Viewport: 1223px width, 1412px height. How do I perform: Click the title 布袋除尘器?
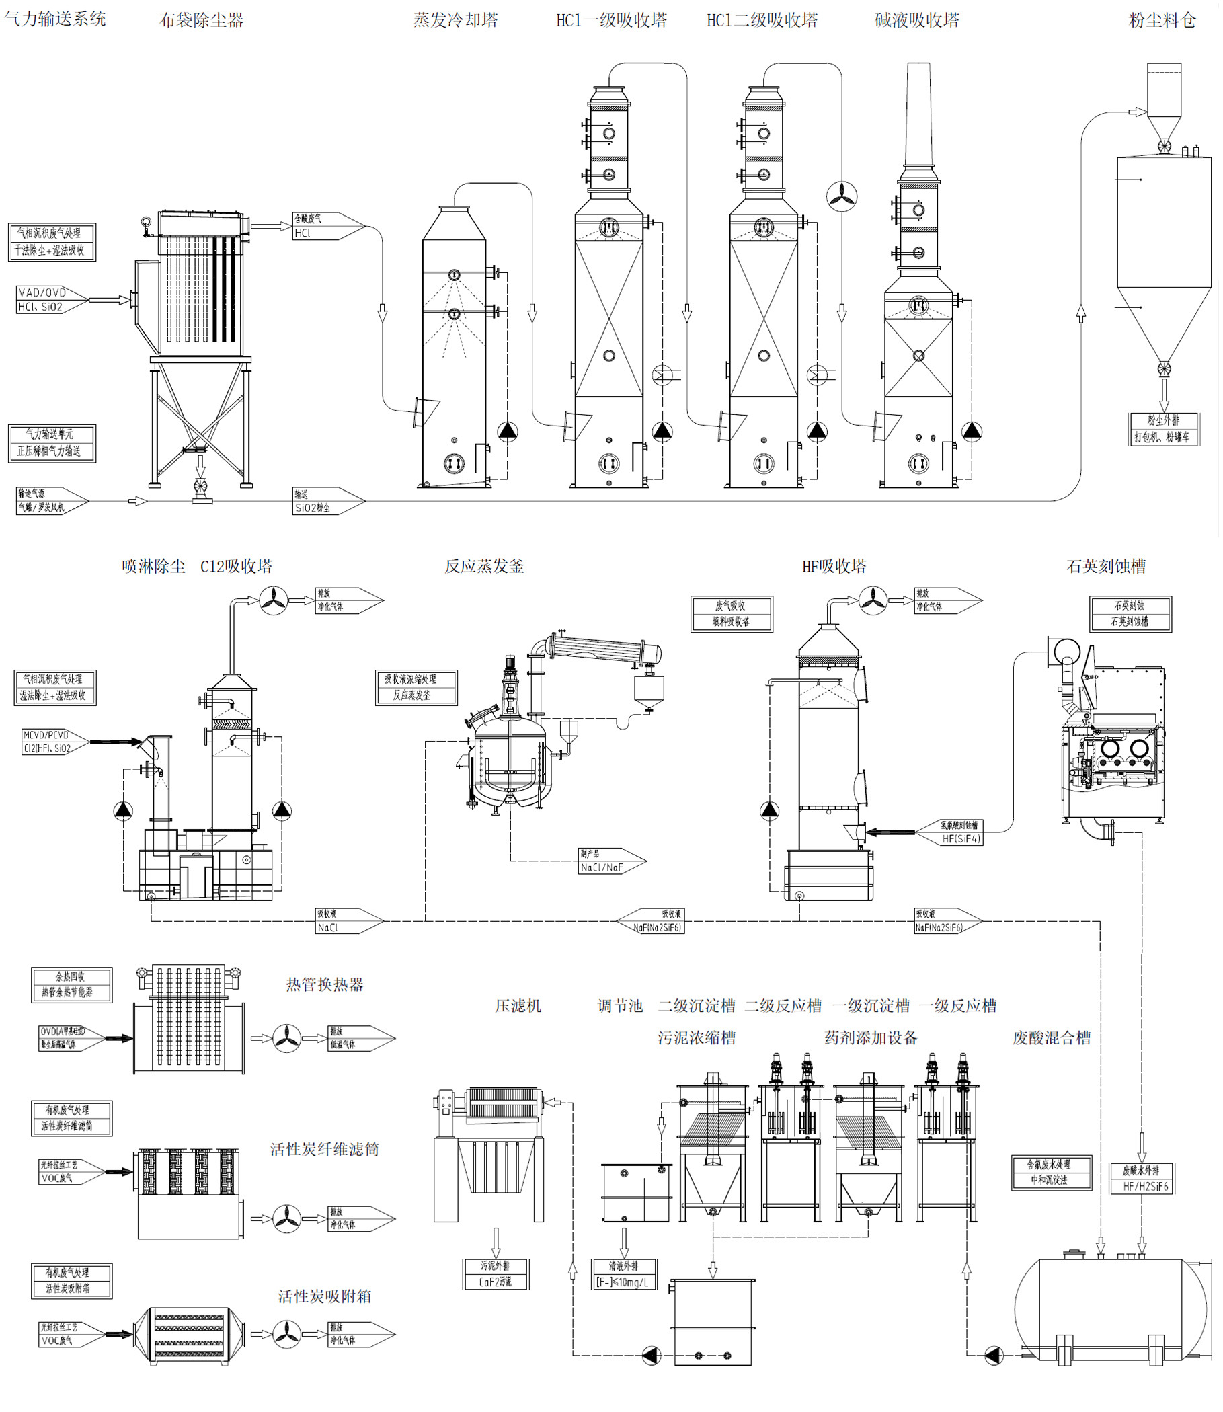click(x=201, y=20)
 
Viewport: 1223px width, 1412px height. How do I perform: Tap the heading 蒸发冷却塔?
click(x=455, y=20)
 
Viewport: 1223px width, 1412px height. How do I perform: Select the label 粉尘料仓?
click(x=1162, y=20)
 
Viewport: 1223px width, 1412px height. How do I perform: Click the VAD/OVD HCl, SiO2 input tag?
click(x=48, y=300)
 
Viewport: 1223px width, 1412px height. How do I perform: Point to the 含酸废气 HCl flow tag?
click(x=324, y=226)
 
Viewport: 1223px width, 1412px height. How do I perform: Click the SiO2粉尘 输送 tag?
click(x=324, y=501)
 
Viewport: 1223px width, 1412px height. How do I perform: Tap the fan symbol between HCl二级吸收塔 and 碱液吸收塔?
click(x=842, y=196)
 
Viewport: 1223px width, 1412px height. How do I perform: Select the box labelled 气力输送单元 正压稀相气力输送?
click(x=52, y=443)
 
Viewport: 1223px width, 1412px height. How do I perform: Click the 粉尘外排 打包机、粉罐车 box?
click(x=1163, y=428)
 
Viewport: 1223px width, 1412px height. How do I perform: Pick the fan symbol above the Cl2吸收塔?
click(x=273, y=601)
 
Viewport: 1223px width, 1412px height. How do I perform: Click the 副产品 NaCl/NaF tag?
click(x=607, y=861)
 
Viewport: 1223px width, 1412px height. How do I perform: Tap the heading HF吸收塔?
click(x=833, y=566)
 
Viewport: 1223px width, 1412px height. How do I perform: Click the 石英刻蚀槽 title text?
click(x=1105, y=566)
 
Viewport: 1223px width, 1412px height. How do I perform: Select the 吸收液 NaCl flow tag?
click(x=345, y=920)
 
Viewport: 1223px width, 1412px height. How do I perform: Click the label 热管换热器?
click(x=324, y=984)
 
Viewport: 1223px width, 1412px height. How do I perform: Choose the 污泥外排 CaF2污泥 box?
click(x=496, y=1274)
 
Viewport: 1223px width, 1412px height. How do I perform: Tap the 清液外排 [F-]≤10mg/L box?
click(x=624, y=1274)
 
